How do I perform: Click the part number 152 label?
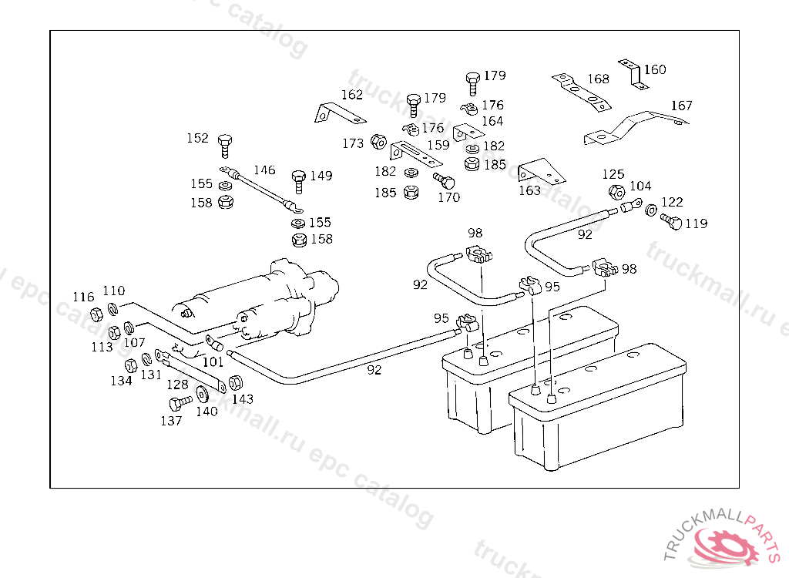[198, 138]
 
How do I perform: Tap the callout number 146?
[264, 170]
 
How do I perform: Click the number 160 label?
[655, 70]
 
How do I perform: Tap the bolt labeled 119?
[670, 222]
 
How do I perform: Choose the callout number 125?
[613, 175]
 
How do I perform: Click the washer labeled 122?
[651, 210]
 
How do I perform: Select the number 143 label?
[243, 399]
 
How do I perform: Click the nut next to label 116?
[96, 314]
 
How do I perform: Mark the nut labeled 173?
[378, 142]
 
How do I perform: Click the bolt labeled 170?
[445, 181]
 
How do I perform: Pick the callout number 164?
[492, 121]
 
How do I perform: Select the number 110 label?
[113, 291]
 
